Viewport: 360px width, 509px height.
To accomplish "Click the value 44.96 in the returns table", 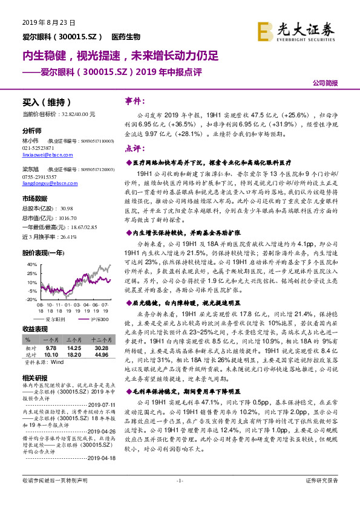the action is [99, 355].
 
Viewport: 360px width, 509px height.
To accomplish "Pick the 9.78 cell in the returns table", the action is [51, 349].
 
